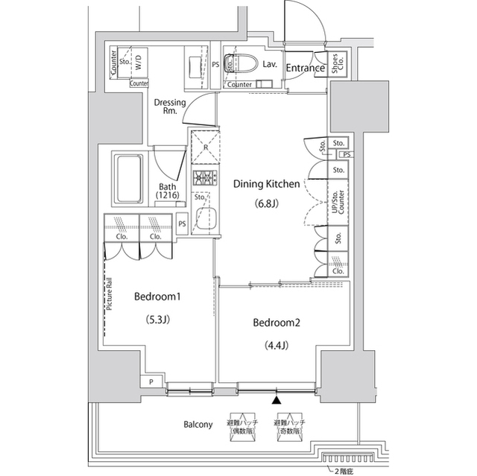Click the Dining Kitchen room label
pyautogui.click(x=267, y=183)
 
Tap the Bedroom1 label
pyautogui.click(x=158, y=296)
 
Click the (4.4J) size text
pyautogui.click(x=277, y=345)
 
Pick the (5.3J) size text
pyautogui.click(x=158, y=320)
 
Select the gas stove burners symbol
pyautogui.click(x=203, y=179)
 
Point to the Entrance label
pyautogui.click(x=305, y=69)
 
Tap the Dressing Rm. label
pyautogui.click(x=171, y=107)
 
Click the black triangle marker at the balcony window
pyautogui.click(x=277, y=401)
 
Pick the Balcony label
pyautogui.click(x=198, y=425)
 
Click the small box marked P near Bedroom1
pyautogui.click(x=152, y=382)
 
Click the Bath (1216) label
pyautogui.click(x=167, y=191)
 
